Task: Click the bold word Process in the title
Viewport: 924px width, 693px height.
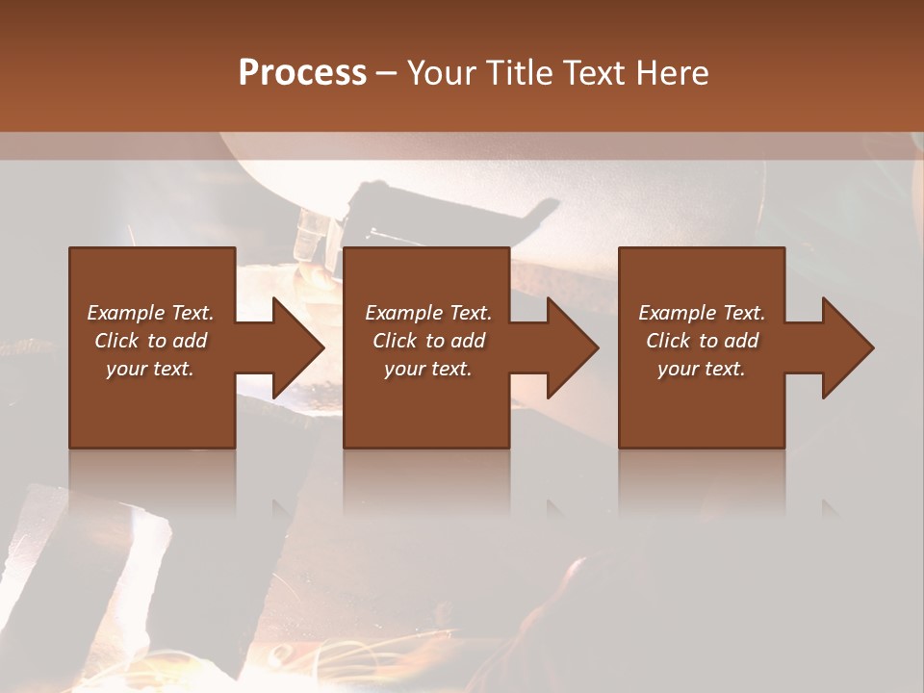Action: pos(302,72)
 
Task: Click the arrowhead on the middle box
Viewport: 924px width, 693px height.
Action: pos(571,347)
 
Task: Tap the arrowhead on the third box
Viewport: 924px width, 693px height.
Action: pos(845,347)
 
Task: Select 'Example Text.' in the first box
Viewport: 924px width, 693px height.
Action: pos(150,312)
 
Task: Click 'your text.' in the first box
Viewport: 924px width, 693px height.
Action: pos(150,369)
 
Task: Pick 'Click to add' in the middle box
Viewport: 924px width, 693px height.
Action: pos(428,341)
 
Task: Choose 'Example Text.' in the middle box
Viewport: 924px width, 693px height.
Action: pos(428,312)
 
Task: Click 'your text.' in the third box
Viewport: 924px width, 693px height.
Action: pos(702,369)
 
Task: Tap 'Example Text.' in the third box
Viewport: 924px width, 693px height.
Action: pos(702,312)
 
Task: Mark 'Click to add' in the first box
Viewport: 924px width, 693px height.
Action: pos(150,341)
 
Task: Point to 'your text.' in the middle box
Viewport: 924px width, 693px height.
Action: pos(428,369)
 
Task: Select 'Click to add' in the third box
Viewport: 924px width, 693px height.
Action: pos(702,341)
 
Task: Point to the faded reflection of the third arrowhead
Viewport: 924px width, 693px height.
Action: pos(831,506)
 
